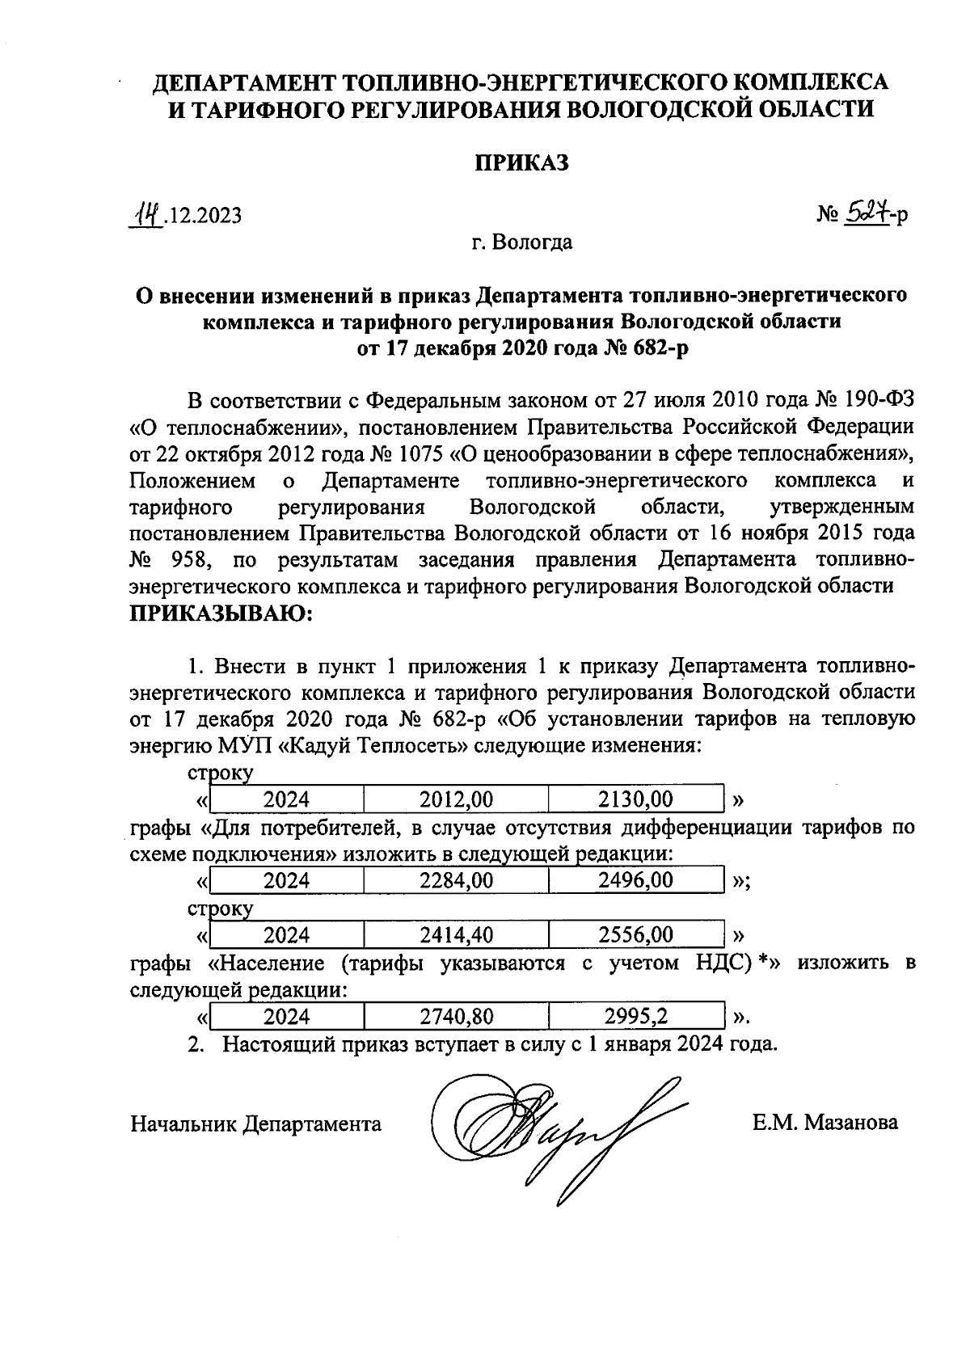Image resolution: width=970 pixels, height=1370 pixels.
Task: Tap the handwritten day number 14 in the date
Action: (148, 214)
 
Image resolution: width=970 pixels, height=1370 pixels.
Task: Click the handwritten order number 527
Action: (864, 213)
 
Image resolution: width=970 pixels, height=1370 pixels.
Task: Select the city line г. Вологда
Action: (522, 242)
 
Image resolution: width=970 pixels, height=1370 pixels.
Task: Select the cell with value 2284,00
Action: (456, 880)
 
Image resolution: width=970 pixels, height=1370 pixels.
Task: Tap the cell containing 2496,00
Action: (635, 880)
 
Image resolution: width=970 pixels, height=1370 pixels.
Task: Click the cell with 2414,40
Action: (456, 935)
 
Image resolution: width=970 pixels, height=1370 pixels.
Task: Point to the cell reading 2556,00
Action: (635, 935)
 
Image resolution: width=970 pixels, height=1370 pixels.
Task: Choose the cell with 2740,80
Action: (456, 1016)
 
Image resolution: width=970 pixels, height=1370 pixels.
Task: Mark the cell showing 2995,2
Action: (635, 1016)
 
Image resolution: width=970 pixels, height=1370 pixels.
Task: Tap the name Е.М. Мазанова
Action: (824, 1123)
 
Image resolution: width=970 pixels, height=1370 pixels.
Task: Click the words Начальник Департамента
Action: (255, 1123)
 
